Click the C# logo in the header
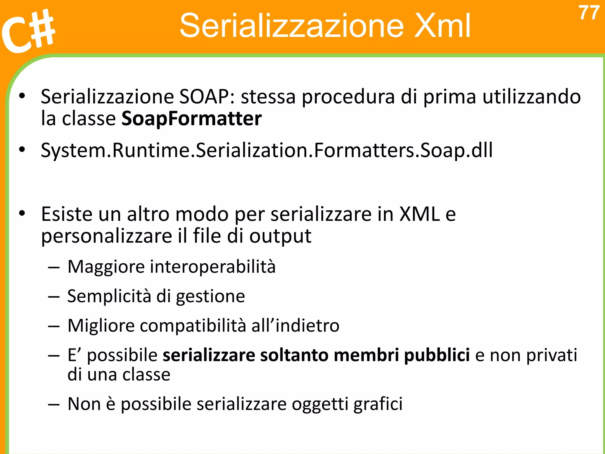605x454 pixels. [28, 31]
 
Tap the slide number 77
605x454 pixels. [589, 13]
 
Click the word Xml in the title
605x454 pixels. [442, 26]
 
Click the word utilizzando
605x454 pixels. [531, 97]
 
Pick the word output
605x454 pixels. [280, 236]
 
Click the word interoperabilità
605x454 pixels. [213, 267]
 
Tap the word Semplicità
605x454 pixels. [109, 296]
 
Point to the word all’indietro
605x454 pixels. [295, 326]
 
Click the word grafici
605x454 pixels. [378, 404]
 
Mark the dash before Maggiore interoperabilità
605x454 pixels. [54, 267]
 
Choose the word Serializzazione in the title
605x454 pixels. [291, 26]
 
